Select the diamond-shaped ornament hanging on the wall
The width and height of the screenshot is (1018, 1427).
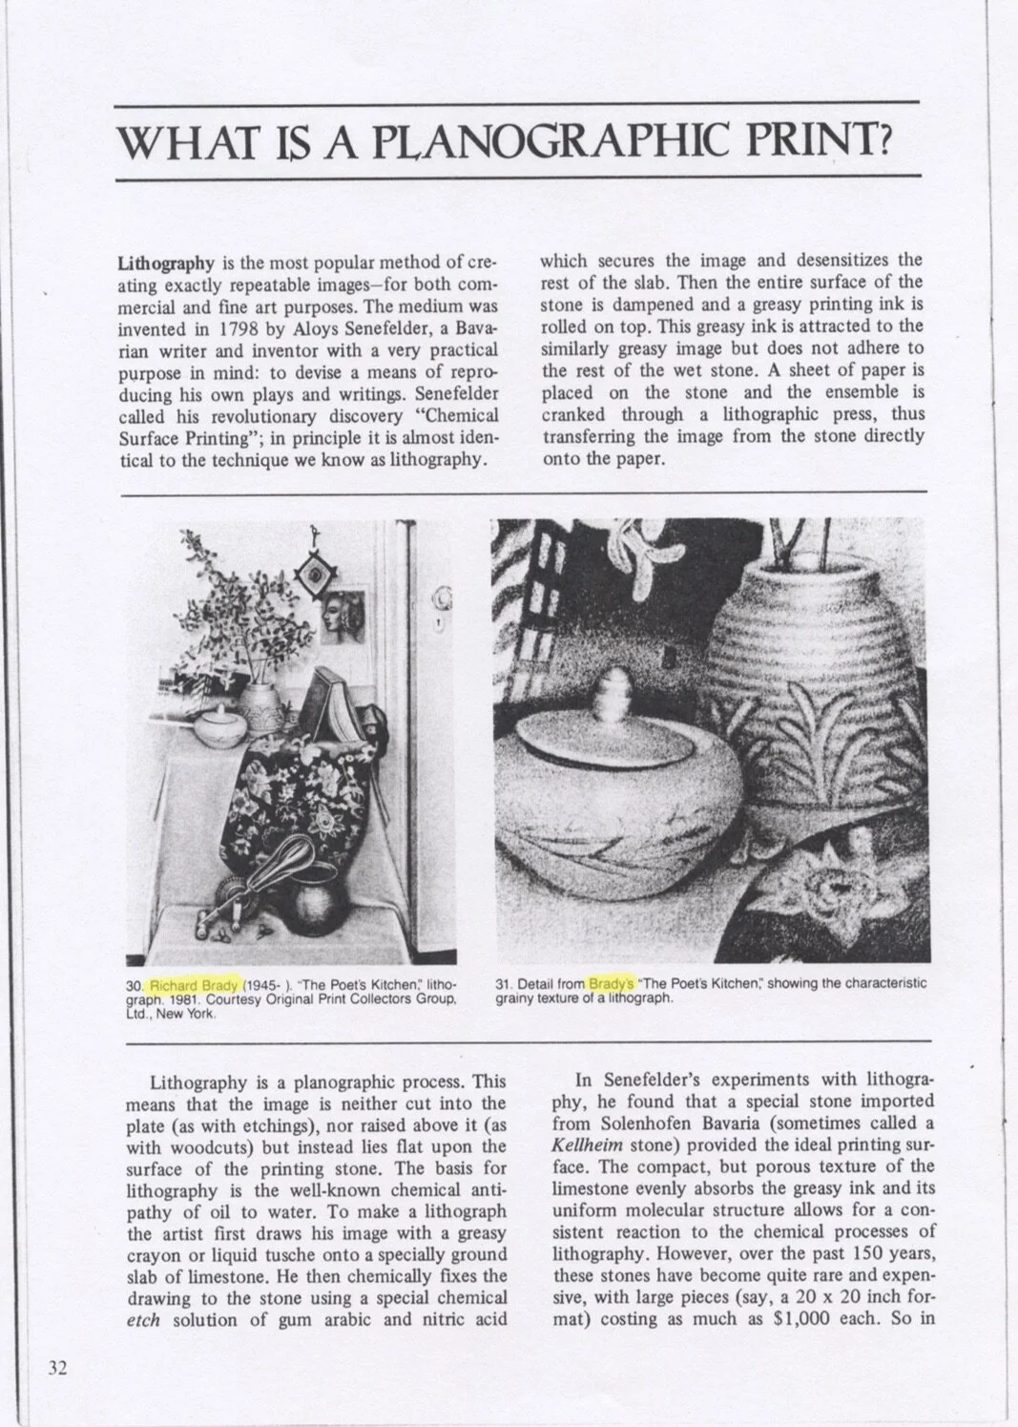click(x=308, y=577)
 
